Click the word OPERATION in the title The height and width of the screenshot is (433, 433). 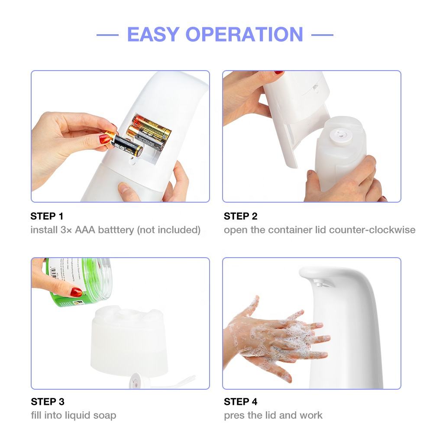coord(249,35)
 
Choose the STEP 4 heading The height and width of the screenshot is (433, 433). coord(241,401)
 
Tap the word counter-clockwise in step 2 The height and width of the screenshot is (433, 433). coord(372,229)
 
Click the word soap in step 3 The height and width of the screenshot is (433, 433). coord(105,415)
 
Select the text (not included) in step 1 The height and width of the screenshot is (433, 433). coord(168,229)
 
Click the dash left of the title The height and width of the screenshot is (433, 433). coord(107,35)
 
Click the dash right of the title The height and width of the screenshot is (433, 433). coord(322,35)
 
